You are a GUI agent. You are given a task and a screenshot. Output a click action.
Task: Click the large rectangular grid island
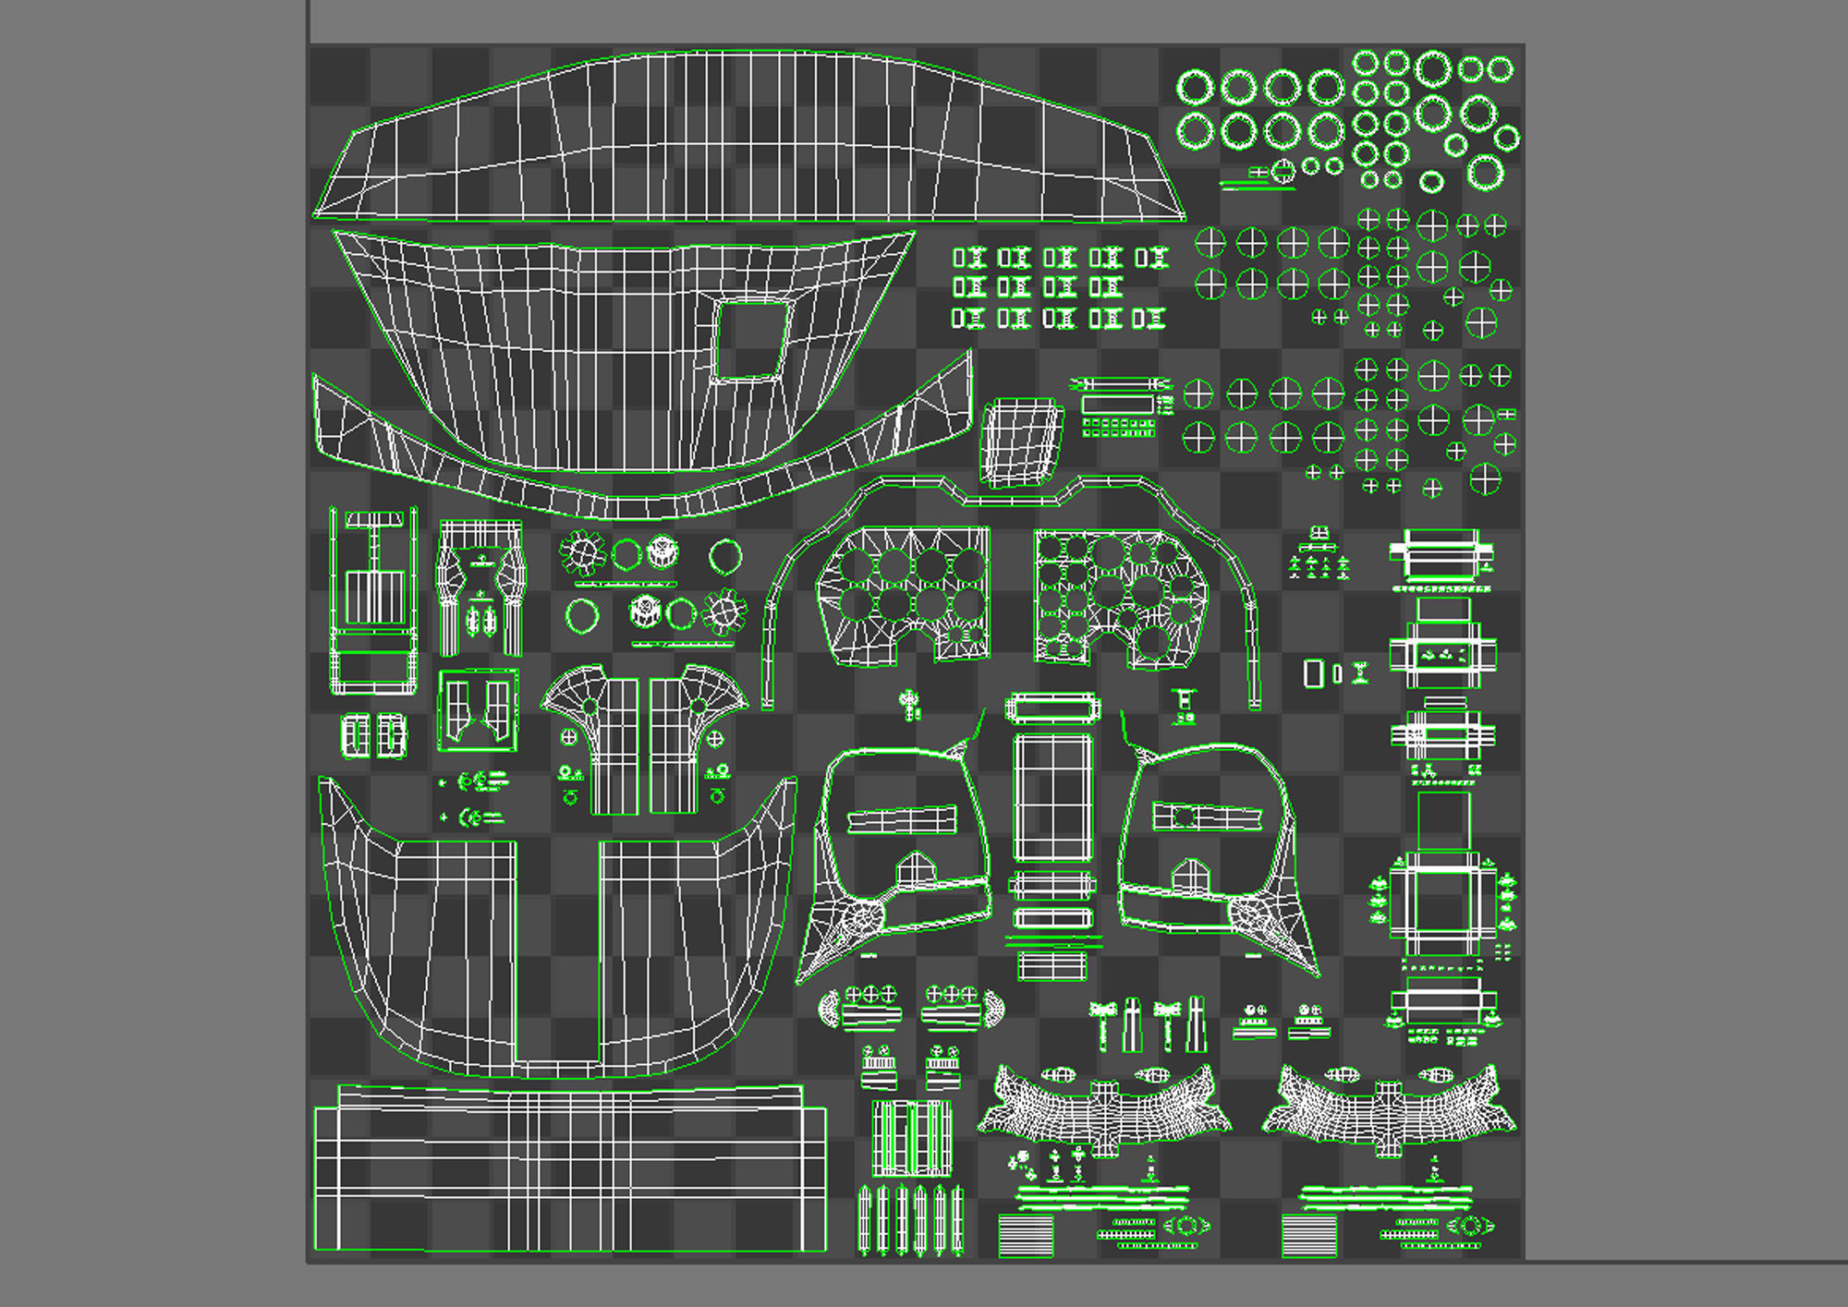(568, 1171)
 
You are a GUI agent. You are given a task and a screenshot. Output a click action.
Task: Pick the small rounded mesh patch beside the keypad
(1021, 442)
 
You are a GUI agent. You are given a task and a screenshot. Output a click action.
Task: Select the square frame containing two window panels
(478, 710)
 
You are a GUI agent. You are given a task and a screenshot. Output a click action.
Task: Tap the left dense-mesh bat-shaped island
(1103, 1109)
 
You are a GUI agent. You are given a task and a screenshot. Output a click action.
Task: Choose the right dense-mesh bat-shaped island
(1389, 1109)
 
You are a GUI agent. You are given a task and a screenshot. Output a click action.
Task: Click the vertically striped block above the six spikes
(911, 1138)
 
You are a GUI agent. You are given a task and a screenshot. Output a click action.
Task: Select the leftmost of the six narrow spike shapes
(865, 1219)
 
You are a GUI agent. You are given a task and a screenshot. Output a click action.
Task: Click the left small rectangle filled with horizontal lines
(1026, 1236)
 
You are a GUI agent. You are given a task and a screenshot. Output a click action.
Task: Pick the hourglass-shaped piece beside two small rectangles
(1360, 673)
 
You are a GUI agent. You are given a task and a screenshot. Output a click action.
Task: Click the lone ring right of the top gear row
(725, 557)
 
